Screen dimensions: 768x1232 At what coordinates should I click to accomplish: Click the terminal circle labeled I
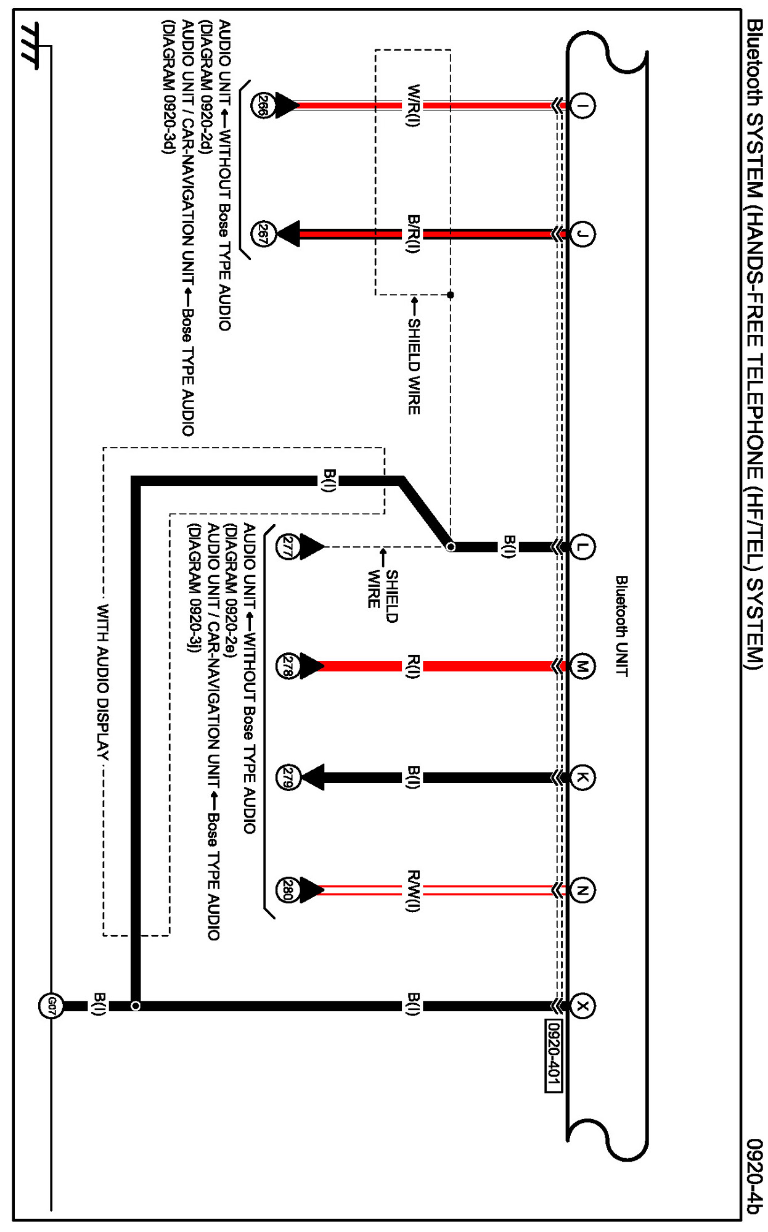pos(582,105)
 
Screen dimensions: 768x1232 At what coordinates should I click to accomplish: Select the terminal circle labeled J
pos(582,234)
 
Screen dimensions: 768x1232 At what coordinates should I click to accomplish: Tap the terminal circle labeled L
pos(582,546)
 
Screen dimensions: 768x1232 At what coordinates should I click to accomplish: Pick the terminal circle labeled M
pos(582,667)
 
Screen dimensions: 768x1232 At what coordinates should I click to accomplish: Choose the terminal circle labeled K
pos(582,778)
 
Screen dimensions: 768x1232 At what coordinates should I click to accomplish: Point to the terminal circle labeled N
pos(582,890)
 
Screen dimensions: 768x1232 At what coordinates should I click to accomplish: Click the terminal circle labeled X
pos(582,1006)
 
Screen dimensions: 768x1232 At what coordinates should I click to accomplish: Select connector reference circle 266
pos(263,105)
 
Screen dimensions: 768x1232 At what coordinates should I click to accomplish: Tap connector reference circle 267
pos(263,234)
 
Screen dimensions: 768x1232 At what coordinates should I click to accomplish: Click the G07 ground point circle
pos(51,1006)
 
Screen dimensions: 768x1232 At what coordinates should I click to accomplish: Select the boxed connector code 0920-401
pos(554,1055)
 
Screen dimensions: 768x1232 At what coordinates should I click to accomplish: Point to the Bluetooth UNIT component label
pos(622,626)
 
